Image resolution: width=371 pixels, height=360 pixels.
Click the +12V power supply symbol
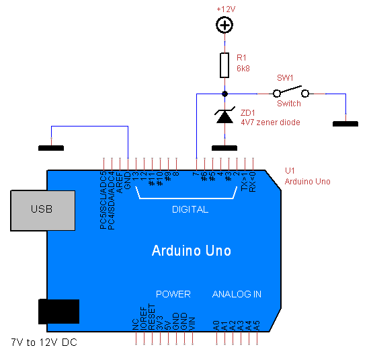click(x=224, y=26)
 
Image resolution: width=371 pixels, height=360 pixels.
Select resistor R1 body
click(x=224, y=66)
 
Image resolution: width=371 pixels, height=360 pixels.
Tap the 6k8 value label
click(x=243, y=69)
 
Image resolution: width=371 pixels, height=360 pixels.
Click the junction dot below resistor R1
click(x=224, y=94)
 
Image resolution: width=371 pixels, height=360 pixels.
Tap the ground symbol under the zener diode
click(x=224, y=148)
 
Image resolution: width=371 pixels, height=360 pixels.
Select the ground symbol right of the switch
click(x=346, y=124)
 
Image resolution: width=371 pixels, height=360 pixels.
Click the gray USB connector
click(x=42, y=209)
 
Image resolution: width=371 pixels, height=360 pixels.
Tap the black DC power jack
click(x=58, y=311)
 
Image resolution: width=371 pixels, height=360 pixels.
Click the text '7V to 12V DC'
click(x=44, y=343)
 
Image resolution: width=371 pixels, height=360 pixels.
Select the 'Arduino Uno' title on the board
click(x=192, y=251)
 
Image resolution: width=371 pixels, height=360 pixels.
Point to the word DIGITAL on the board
click(x=190, y=209)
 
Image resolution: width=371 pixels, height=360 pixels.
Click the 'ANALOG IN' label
click(x=237, y=294)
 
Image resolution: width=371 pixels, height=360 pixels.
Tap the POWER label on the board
click(x=173, y=294)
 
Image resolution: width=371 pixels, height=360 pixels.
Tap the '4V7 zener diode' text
click(x=270, y=122)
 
